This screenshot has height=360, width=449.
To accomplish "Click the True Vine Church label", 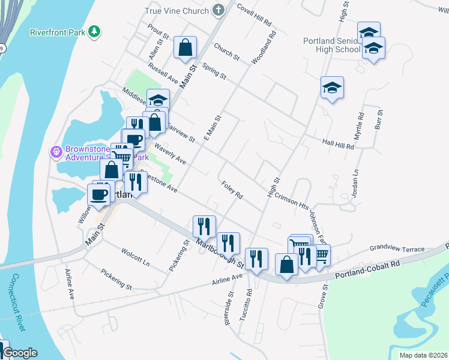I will [176, 11].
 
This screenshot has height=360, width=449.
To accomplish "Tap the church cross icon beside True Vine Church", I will [217, 11].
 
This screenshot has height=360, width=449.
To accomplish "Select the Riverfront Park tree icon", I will [94, 31].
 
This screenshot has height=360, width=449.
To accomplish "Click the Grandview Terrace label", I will [397, 248].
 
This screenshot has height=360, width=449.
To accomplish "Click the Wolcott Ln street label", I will [135, 256].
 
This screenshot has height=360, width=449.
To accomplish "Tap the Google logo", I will [19, 353].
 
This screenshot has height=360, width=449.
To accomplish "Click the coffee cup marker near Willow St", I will [99, 193].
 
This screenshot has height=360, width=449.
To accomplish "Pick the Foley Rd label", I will [231, 191].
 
